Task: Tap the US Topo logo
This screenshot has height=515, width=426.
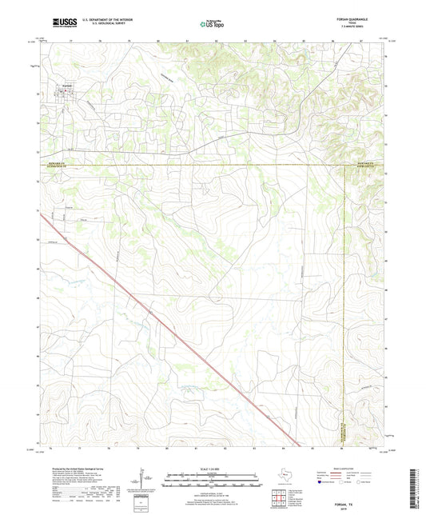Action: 211,24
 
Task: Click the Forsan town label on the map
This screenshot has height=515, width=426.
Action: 68,86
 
